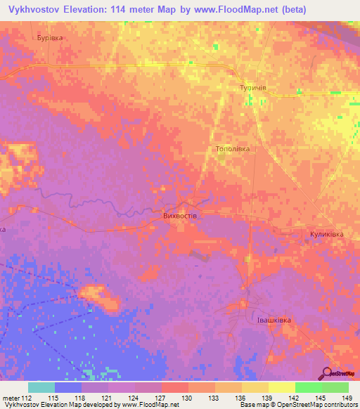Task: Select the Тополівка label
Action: click(x=232, y=150)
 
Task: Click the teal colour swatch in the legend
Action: click(x=41, y=387)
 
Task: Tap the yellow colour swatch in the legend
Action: click(x=281, y=387)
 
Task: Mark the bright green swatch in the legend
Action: click(x=308, y=387)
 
